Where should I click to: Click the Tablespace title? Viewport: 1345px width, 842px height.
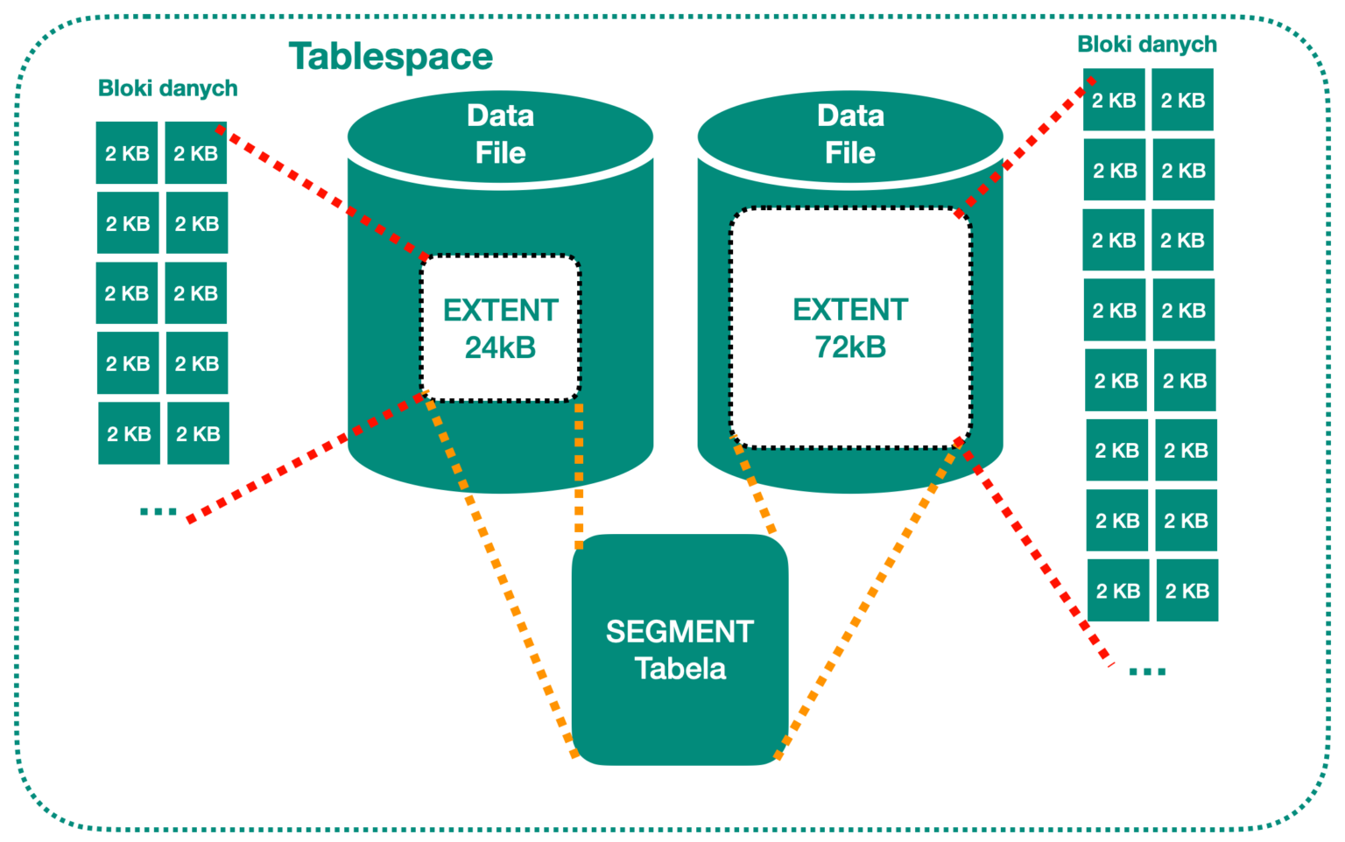tap(391, 57)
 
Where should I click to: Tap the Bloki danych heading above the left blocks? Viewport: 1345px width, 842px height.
tap(167, 88)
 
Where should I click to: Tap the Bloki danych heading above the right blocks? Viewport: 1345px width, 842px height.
tap(1146, 45)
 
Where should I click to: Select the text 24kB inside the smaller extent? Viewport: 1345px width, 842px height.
tap(500, 348)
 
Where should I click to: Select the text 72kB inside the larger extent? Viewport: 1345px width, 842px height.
tap(850, 347)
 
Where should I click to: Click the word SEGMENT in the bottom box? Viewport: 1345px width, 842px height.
tap(680, 631)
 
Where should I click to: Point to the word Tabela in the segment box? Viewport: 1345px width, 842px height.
tap(680, 669)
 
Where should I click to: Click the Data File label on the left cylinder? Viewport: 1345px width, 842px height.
tap(500, 134)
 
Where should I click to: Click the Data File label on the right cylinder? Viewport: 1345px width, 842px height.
tap(850, 134)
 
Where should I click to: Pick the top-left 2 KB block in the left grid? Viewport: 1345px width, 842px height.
tap(127, 153)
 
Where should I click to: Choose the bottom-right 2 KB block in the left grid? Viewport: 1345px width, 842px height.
tap(198, 433)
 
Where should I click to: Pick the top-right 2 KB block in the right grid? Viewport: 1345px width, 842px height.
tap(1183, 101)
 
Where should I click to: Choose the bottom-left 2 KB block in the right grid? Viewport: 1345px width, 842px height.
tap(1118, 591)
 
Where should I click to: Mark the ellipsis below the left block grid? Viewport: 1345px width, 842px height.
tap(158, 511)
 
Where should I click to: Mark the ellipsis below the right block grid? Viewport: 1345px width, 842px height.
tap(1147, 671)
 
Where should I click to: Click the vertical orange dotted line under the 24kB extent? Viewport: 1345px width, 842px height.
tap(579, 473)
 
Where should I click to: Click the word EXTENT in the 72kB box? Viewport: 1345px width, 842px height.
tap(850, 310)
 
